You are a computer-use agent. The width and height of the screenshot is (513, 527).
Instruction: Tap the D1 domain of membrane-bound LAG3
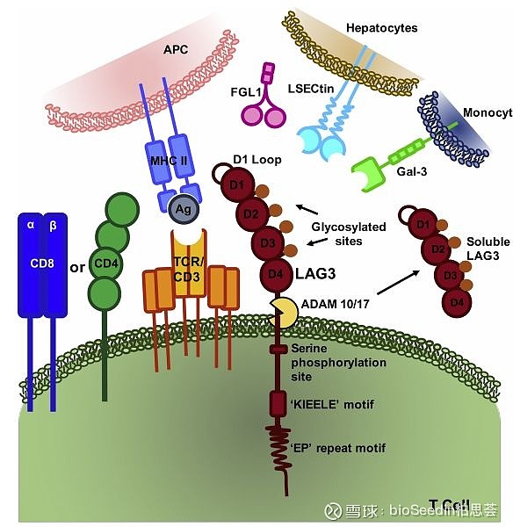(236, 185)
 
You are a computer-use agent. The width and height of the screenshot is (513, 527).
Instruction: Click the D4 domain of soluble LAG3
(456, 303)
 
